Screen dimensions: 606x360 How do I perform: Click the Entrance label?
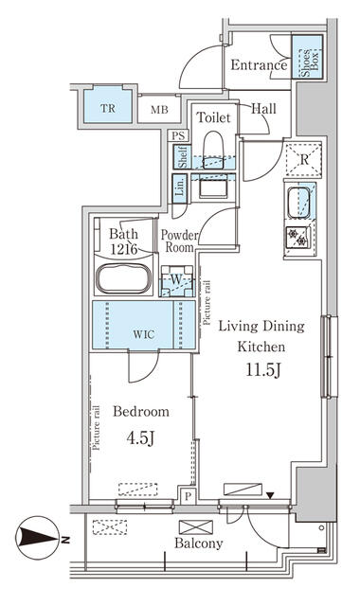click(259, 65)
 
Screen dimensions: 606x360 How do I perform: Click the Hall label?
click(264, 108)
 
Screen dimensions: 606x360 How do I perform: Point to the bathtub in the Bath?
click(125, 280)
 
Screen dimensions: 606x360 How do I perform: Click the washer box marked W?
click(176, 280)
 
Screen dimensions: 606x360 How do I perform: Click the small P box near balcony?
click(188, 496)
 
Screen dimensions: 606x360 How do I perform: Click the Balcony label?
click(198, 544)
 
